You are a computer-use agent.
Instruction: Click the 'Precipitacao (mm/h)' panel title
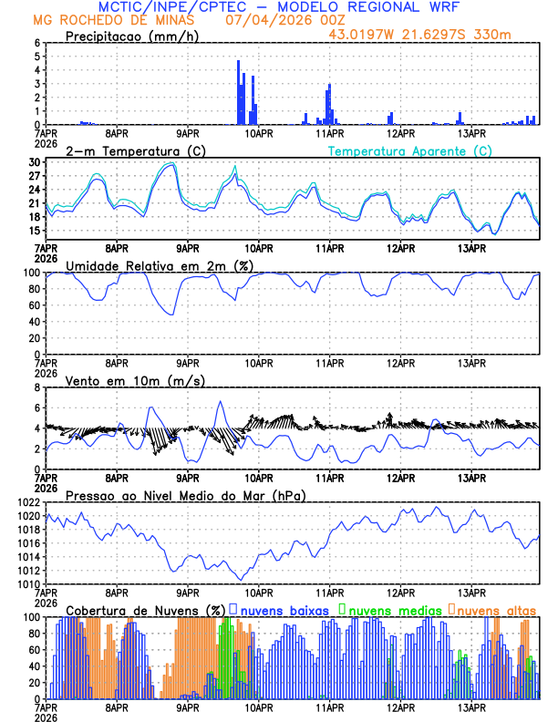(131, 36)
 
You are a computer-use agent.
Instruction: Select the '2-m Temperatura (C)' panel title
(129, 150)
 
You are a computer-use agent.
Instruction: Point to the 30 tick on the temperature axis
(34, 162)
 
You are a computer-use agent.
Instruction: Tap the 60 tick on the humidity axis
(32, 305)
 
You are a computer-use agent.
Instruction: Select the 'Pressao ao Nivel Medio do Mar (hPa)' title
(185, 495)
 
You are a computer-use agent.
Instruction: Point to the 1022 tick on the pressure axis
(25, 502)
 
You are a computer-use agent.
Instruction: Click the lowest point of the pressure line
(241, 580)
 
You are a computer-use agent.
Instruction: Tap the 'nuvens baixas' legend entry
(283, 610)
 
